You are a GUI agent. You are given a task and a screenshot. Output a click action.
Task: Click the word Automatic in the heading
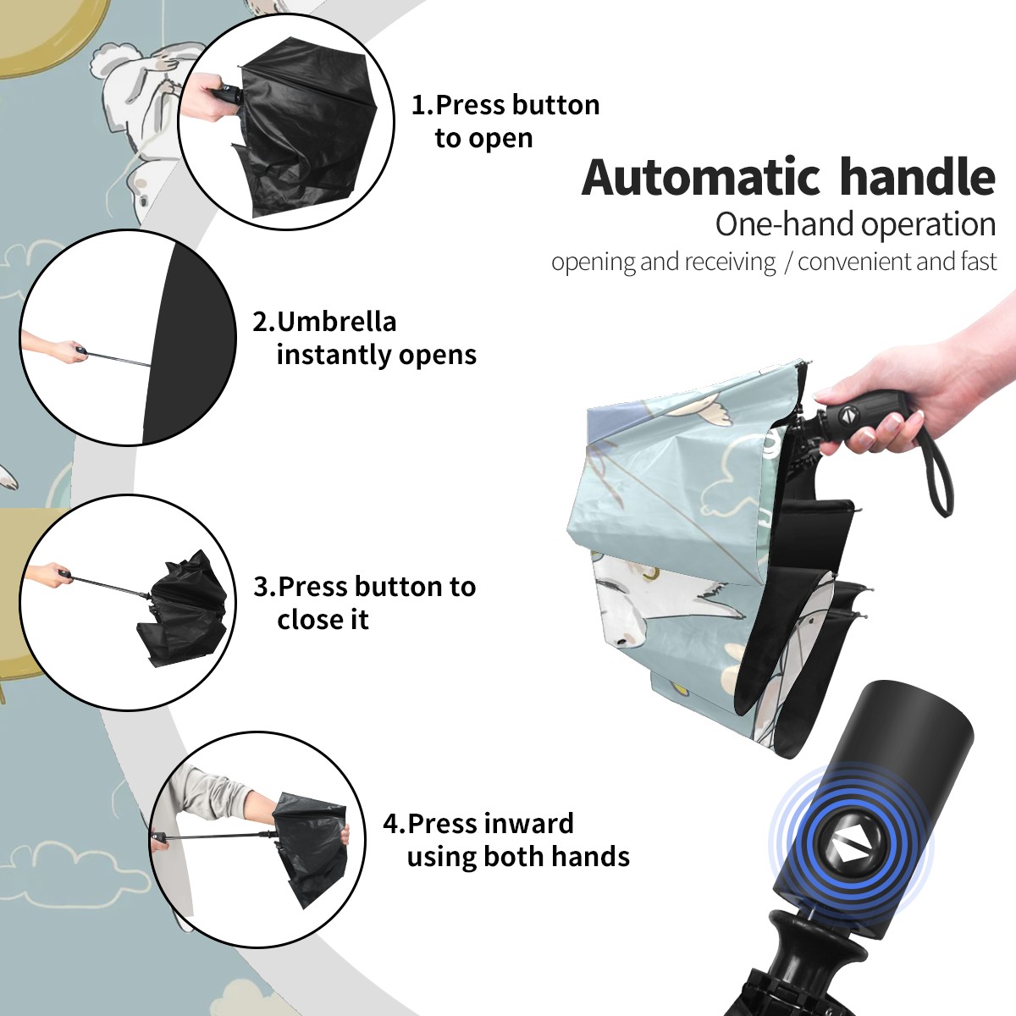701,177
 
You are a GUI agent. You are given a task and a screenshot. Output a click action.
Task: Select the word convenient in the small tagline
854,262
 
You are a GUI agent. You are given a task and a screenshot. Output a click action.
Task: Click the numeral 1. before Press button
422,105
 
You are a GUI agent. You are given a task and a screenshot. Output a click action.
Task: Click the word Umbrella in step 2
336,321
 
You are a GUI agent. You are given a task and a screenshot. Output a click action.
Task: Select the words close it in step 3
323,619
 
